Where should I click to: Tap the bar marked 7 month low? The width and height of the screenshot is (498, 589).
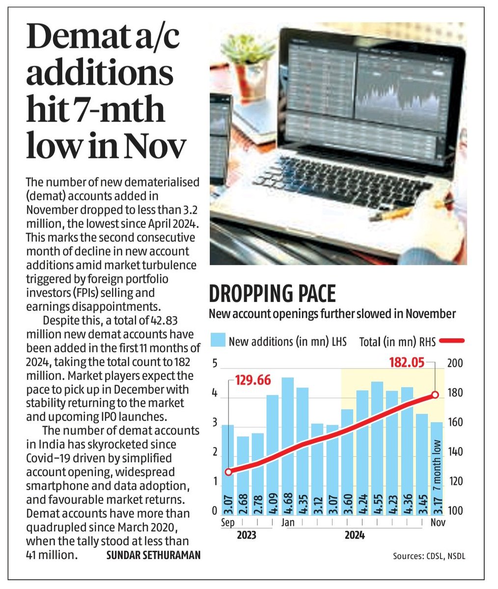tap(437, 466)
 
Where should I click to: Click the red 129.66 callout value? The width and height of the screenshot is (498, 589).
tap(253, 380)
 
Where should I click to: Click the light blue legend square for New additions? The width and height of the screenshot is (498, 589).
tap(218, 340)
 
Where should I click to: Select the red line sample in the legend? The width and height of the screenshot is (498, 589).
tap(452, 340)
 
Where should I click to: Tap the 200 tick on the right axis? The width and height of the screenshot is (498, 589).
tap(455, 364)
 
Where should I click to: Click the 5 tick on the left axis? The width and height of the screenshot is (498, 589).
tap(214, 364)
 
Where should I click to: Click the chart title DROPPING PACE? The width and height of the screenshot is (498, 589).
tap(273, 294)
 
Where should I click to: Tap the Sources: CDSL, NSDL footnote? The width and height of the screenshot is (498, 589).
tap(428, 556)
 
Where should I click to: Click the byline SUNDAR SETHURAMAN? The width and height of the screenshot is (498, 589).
tap(153, 555)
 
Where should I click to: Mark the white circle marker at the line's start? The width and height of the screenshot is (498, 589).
tap(228, 472)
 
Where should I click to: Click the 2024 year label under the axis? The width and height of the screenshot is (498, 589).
tap(355, 535)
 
